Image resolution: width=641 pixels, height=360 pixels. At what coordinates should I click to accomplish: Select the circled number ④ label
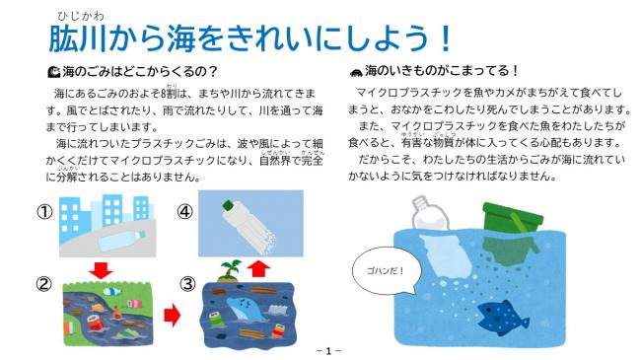tap(184, 210)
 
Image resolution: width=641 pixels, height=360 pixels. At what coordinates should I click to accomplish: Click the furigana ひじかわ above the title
tap(78, 13)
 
